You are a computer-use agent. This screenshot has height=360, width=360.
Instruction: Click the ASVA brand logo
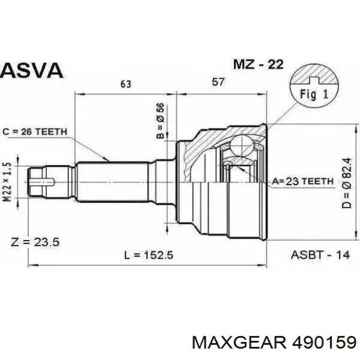(32, 70)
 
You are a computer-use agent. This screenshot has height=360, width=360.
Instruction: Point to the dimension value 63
(125, 84)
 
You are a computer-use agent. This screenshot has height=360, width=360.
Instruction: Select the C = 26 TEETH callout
(35, 132)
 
